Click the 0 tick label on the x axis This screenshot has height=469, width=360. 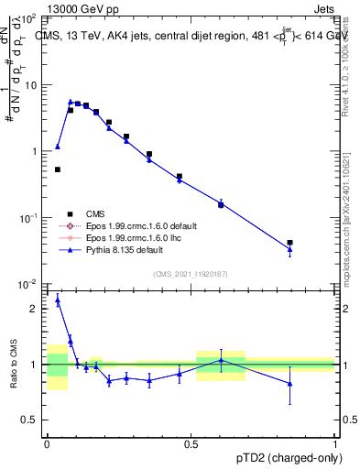coord(46,442)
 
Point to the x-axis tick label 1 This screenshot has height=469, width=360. coord(334,442)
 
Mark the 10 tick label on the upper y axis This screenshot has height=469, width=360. coord(29,85)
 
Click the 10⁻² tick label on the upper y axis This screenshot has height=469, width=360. coord(28,284)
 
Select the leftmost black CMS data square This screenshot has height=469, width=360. coord(58,169)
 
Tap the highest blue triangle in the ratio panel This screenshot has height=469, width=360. coord(58,300)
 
